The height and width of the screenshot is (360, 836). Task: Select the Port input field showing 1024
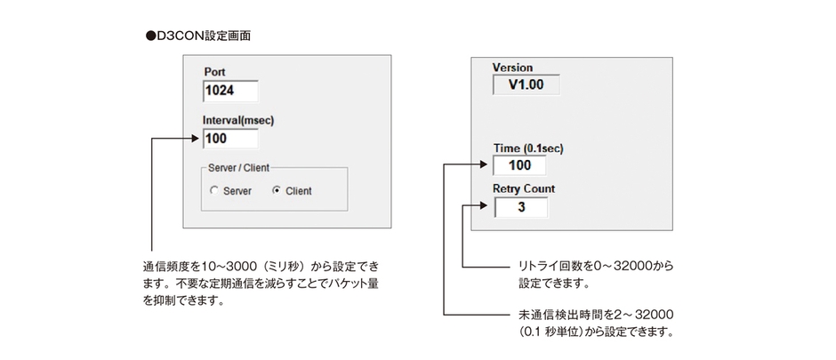(x=230, y=91)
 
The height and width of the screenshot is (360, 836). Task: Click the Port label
(x=215, y=71)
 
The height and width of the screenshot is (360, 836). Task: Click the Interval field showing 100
(x=230, y=139)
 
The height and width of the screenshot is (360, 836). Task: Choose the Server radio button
(x=213, y=190)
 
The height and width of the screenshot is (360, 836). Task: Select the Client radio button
(x=277, y=190)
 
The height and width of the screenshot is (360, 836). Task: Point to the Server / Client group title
(x=239, y=167)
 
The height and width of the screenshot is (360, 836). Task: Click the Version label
(x=512, y=68)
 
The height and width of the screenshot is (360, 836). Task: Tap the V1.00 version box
(x=527, y=86)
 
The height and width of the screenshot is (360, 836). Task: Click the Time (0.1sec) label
(x=528, y=148)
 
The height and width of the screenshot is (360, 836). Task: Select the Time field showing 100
(x=520, y=166)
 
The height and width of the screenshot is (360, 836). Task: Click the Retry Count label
(x=524, y=188)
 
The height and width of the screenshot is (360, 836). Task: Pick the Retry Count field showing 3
(x=520, y=207)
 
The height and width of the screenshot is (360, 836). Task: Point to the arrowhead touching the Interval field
(x=197, y=139)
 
